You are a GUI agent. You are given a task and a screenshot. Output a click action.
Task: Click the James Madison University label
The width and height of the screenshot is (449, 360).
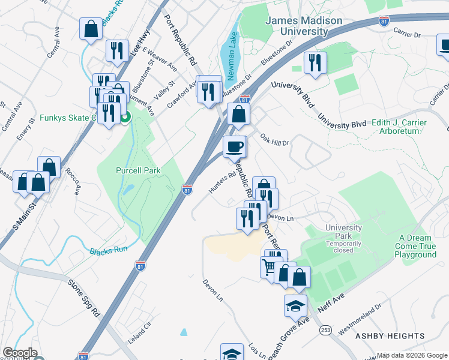click(x=304, y=26)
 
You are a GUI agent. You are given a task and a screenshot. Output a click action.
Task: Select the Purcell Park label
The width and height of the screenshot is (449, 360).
click(x=138, y=170)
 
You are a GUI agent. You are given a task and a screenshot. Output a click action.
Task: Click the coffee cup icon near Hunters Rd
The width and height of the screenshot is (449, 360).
click(x=235, y=146)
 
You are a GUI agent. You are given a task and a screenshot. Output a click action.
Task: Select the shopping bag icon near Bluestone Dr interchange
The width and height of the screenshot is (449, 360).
click(x=238, y=113)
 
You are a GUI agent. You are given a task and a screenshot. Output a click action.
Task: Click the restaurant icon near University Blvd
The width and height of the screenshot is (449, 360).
click(x=315, y=62)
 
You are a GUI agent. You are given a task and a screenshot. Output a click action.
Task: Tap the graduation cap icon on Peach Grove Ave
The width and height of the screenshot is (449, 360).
click(x=295, y=305)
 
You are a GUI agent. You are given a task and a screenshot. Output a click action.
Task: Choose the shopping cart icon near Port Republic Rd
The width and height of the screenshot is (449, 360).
click(x=268, y=266)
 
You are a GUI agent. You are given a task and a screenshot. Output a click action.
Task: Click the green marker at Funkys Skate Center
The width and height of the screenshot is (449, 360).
click(x=125, y=118)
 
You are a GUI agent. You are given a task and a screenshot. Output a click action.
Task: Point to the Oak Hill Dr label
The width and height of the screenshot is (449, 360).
click(x=275, y=140)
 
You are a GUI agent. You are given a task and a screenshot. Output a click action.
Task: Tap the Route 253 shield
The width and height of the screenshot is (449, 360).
click(x=326, y=329)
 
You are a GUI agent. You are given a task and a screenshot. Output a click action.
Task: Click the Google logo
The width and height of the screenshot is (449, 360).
click(x=20, y=353)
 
